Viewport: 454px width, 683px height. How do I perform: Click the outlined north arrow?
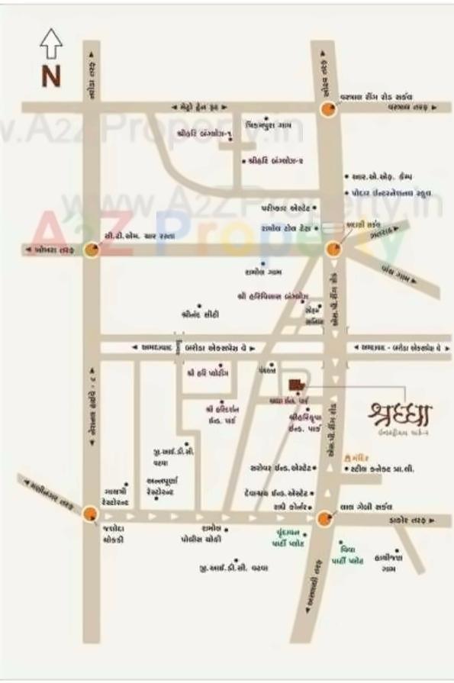[50, 43]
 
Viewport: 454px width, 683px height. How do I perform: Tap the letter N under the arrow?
[50, 76]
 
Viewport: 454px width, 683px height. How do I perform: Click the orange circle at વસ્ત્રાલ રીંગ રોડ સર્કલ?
[328, 109]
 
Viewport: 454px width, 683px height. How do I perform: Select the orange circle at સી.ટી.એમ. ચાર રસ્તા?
[92, 250]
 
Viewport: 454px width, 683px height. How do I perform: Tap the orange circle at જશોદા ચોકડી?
[90, 514]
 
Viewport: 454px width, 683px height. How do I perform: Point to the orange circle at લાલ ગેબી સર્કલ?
[326, 519]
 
